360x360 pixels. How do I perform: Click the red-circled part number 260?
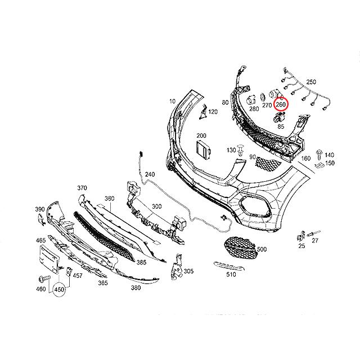coord(281,104)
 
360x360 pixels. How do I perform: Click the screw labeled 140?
coord(320,153)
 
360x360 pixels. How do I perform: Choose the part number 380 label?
coord(135,289)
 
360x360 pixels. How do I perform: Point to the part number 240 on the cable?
coord(149,174)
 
